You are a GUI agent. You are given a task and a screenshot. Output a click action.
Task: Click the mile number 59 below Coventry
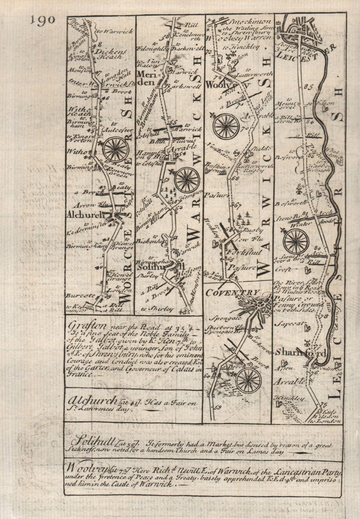[x=217, y=408]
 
